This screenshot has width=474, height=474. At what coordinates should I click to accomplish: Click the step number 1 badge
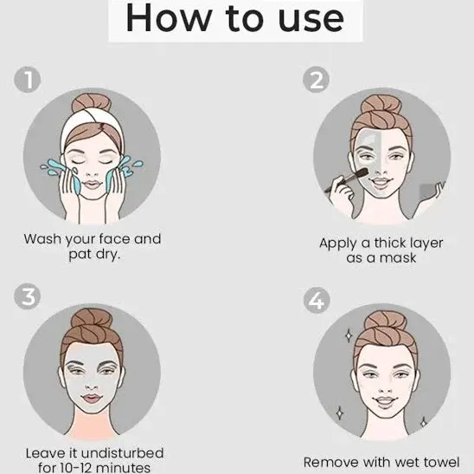pyautogui.click(x=28, y=80)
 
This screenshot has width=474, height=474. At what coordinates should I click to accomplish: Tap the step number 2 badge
pyautogui.click(x=317, y=80)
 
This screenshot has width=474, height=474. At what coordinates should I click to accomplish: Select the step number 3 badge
pyautogui.click(x=28, y=295)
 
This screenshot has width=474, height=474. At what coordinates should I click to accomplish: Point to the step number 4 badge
pyautogui.click(x=317, y=300)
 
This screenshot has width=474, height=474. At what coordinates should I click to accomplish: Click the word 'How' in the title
pyautogui.click(x=168, y=18)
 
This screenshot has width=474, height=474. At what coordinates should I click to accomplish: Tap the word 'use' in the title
pyautogui.click(x=311, y=21)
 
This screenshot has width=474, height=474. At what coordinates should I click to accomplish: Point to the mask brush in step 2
pyautogui.click(x=347, y=180)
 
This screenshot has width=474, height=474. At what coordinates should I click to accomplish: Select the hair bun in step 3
pyautogui.click(x=92, y=319)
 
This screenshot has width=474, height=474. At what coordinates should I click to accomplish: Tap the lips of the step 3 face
pyautogui.click(x=92, y=398)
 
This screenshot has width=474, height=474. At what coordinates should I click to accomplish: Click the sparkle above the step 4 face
pyautogui.click(x=349, y=335)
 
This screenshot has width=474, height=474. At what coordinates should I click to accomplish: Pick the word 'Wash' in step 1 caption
pyautogui.click(x=42, y=239)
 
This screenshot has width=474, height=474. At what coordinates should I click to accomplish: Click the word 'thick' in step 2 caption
pyautogui.click(x=389, y=243)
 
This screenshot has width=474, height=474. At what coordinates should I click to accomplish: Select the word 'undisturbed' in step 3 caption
pyautogui.click(x=123, y=453)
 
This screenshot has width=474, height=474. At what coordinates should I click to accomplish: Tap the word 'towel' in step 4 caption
pyautogui.click(x=442, y=463)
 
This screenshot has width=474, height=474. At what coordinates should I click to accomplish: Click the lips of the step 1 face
pyautogui.click(x=93, y=185)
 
